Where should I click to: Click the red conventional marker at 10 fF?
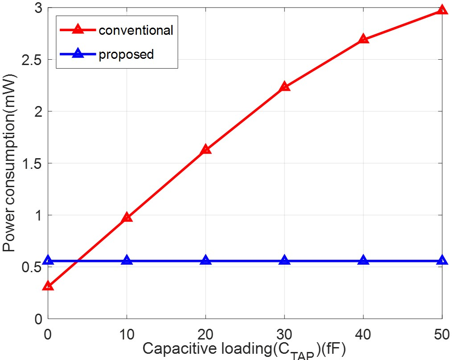click(127, 217)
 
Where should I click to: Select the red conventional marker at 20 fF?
click(205, 149)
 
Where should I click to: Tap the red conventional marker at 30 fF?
click(284, 86)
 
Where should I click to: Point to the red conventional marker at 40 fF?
click(363, 39)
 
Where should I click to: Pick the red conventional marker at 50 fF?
click(441, 10)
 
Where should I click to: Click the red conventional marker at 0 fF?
click(48, 286)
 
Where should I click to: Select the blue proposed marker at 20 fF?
click(205, 260)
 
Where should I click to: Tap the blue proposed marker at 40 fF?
click(363, 260)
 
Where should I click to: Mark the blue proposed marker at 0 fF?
click(48, 260)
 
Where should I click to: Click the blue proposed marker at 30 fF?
click(284, 260)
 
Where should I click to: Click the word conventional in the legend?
click(136, 30)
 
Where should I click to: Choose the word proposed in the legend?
click(126, 54)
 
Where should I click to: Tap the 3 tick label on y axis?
click(38, 8)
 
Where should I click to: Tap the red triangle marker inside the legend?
click(78, 29)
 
